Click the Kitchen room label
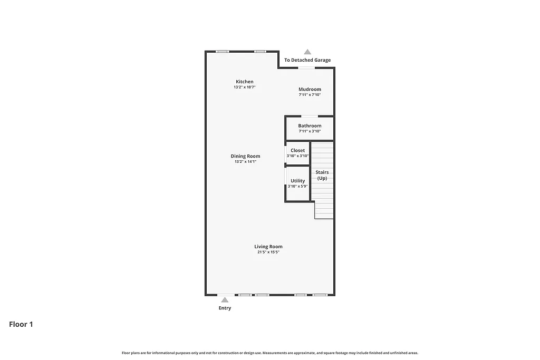(245, 82)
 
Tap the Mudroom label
(310, 89)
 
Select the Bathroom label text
(310, 126)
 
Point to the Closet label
(297, 150)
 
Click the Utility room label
(297, 181)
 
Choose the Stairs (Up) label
(322, 175)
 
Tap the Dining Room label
(245, 156)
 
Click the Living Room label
(268, 246)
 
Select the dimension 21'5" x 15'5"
(268, 252)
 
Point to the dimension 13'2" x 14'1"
(245, 162)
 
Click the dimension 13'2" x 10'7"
(245, 87)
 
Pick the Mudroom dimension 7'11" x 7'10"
(310, 95)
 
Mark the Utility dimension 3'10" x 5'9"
(297, 187)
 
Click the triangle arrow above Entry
(225, 300)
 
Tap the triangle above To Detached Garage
(307, 52)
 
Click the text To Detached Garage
(307, 60)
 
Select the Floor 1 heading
(21, 324)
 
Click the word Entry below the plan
(225, 308)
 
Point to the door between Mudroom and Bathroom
(309, 116)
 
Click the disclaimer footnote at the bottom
(269, 353)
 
